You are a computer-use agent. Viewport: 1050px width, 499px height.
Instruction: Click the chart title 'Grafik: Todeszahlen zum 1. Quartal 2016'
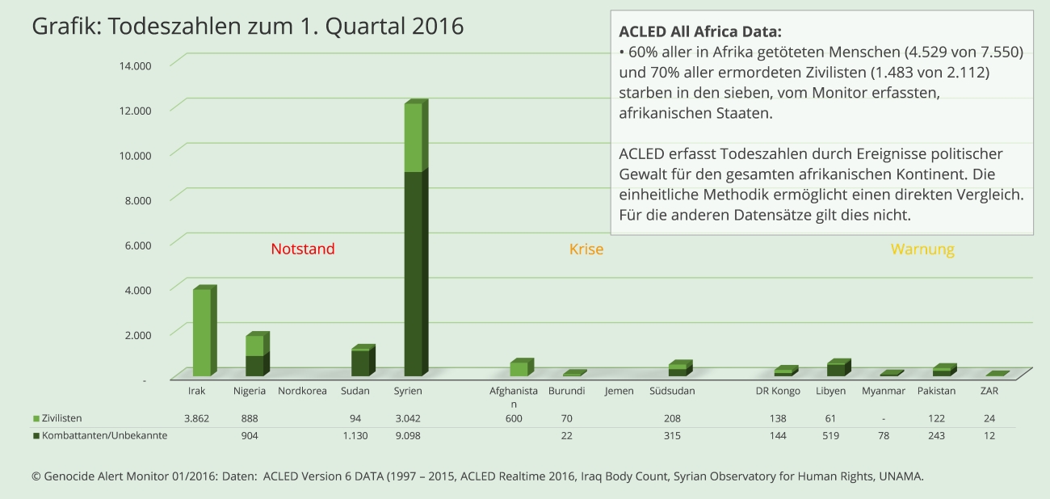[x=247, y=26]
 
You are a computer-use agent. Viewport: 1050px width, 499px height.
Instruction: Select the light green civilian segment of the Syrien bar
[x=414, y=136]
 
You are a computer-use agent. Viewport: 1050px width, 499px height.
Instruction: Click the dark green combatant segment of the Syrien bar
[x=414, y=274]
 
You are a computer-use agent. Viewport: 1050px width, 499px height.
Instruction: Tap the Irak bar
[x=202, y=332]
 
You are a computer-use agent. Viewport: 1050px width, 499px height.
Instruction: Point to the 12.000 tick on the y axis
[x=135, y=111]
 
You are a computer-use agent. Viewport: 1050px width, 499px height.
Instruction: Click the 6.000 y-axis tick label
[x=138, y=245]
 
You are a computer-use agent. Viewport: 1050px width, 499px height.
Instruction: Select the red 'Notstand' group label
[x=303, y=249]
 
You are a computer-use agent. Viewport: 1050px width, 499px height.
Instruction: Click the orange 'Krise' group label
[x=586, y=249]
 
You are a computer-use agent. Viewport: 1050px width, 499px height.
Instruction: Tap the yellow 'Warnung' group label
[x=922, y=249]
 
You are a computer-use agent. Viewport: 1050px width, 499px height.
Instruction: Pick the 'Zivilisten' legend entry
[x=57, y=418]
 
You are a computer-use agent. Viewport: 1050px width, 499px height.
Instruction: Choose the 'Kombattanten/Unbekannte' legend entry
[x=100, y=435]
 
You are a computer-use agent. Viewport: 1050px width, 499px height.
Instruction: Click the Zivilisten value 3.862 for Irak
[x=196, y=418]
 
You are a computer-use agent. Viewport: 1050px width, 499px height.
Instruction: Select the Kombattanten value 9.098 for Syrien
[x=408, y=435]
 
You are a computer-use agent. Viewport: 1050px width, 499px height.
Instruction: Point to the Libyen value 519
[x=830, y=435]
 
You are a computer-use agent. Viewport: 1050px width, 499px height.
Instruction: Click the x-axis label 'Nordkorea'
[x=302, y=391]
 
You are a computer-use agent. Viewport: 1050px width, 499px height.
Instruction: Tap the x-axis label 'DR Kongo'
[x=778, y=391]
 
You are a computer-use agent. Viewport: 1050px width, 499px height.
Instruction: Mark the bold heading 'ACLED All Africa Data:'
[x=700, y=31]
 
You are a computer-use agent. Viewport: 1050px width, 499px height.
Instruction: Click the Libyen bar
[x=838, y=368]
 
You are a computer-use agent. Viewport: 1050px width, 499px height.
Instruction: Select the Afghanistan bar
[x=522, y=367]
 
